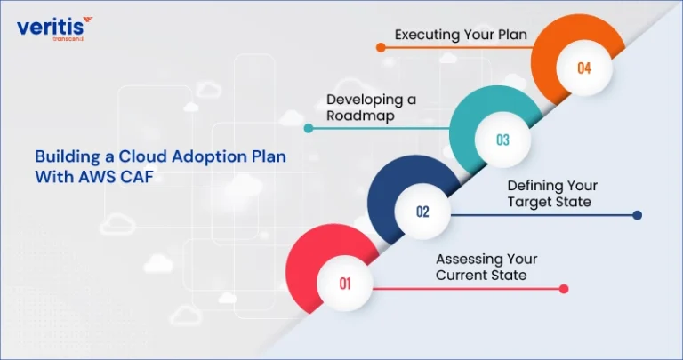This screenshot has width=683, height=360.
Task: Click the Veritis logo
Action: pyautogui.click(x=54, y=28)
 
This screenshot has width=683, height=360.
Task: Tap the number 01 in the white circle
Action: pyautogui.click(x=345, y=284)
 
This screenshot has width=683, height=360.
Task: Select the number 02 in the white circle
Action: pyautogui.click(x=422, y=212)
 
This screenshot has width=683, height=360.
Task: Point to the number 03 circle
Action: pyautogui.click(x=502, y=140)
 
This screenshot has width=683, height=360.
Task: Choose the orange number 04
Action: pyautogui.click(x=584, y=68)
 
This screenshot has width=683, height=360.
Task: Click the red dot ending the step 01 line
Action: pyautogui.click(x=564, y=289)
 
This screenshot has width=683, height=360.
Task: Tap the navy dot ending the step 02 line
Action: pyautogui.click(x=637, y=215)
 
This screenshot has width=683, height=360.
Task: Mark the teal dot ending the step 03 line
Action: pyautogui.click(x=309, y=128)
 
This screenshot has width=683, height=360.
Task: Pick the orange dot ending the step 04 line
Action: pyautogui.click(x=381, y=47)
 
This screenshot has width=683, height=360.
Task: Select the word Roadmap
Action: pyautogui.click(x=361, y=116)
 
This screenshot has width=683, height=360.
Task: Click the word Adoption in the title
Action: pyautogui.click(x=200, y=156)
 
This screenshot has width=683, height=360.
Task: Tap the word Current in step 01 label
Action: pyautogui.click(x=461, y=276)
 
